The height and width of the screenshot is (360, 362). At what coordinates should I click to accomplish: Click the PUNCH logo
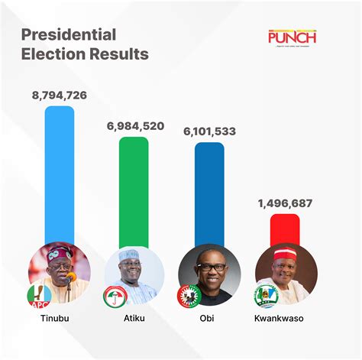[292, 37]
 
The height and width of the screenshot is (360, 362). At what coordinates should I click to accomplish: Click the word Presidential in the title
[68, 34]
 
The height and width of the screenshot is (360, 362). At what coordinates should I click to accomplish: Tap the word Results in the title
[116, 54]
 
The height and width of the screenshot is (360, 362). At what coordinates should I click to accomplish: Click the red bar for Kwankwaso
[284, 229]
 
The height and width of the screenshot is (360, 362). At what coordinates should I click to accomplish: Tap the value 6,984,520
[134, 126]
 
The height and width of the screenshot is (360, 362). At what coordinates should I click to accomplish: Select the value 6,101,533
[209, 131]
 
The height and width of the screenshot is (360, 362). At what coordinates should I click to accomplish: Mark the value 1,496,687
[284, 203]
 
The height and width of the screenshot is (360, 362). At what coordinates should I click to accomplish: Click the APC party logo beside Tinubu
[37, 295]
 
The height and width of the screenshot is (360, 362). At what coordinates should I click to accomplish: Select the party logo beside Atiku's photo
[112, 295]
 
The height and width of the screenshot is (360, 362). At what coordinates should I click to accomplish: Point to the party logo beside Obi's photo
[187, 295]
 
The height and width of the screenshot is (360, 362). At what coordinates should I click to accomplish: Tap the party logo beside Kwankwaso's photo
[262, 295]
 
